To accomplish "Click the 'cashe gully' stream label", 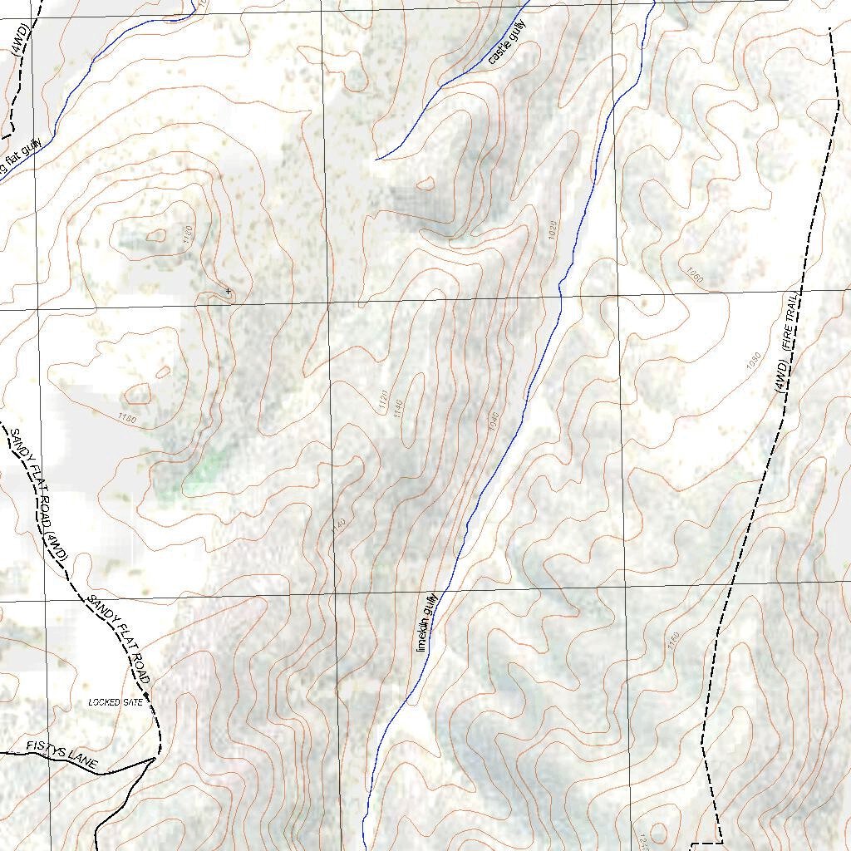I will click(x=507, y=43).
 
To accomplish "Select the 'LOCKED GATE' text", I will click(x=116, y=702).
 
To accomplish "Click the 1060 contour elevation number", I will click(x=694, y=274).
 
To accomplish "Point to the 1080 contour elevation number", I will click(x=753, y=361).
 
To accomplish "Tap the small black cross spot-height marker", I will click(x=228, y=291).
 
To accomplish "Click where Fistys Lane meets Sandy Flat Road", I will click(x=155, y=758).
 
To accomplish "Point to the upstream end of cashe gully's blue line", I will click(x=377, y=159).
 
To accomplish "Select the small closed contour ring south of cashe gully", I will click(x=425, y=184).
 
